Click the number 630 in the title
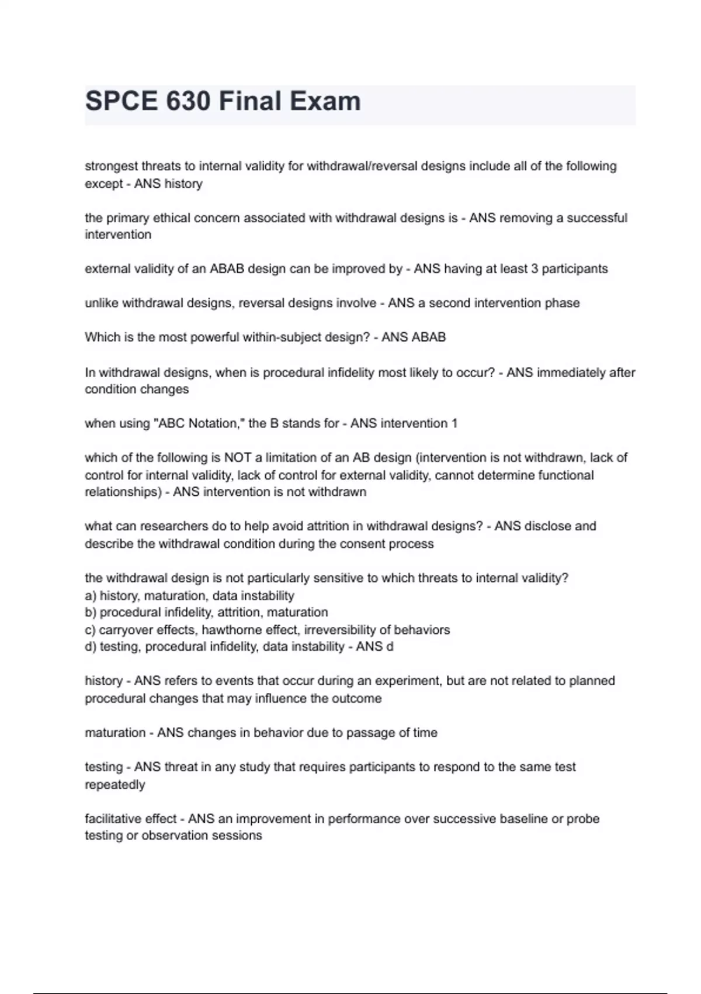pyautogui.click(x=188, y=101)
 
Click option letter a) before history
pyautogui.click(x=91, y=596)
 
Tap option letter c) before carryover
pyautogui.click(x=90, y=630)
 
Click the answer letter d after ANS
pyautogui.click(x=390, y=647)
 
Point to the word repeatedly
pyautogui.click(x=115, y=785)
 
